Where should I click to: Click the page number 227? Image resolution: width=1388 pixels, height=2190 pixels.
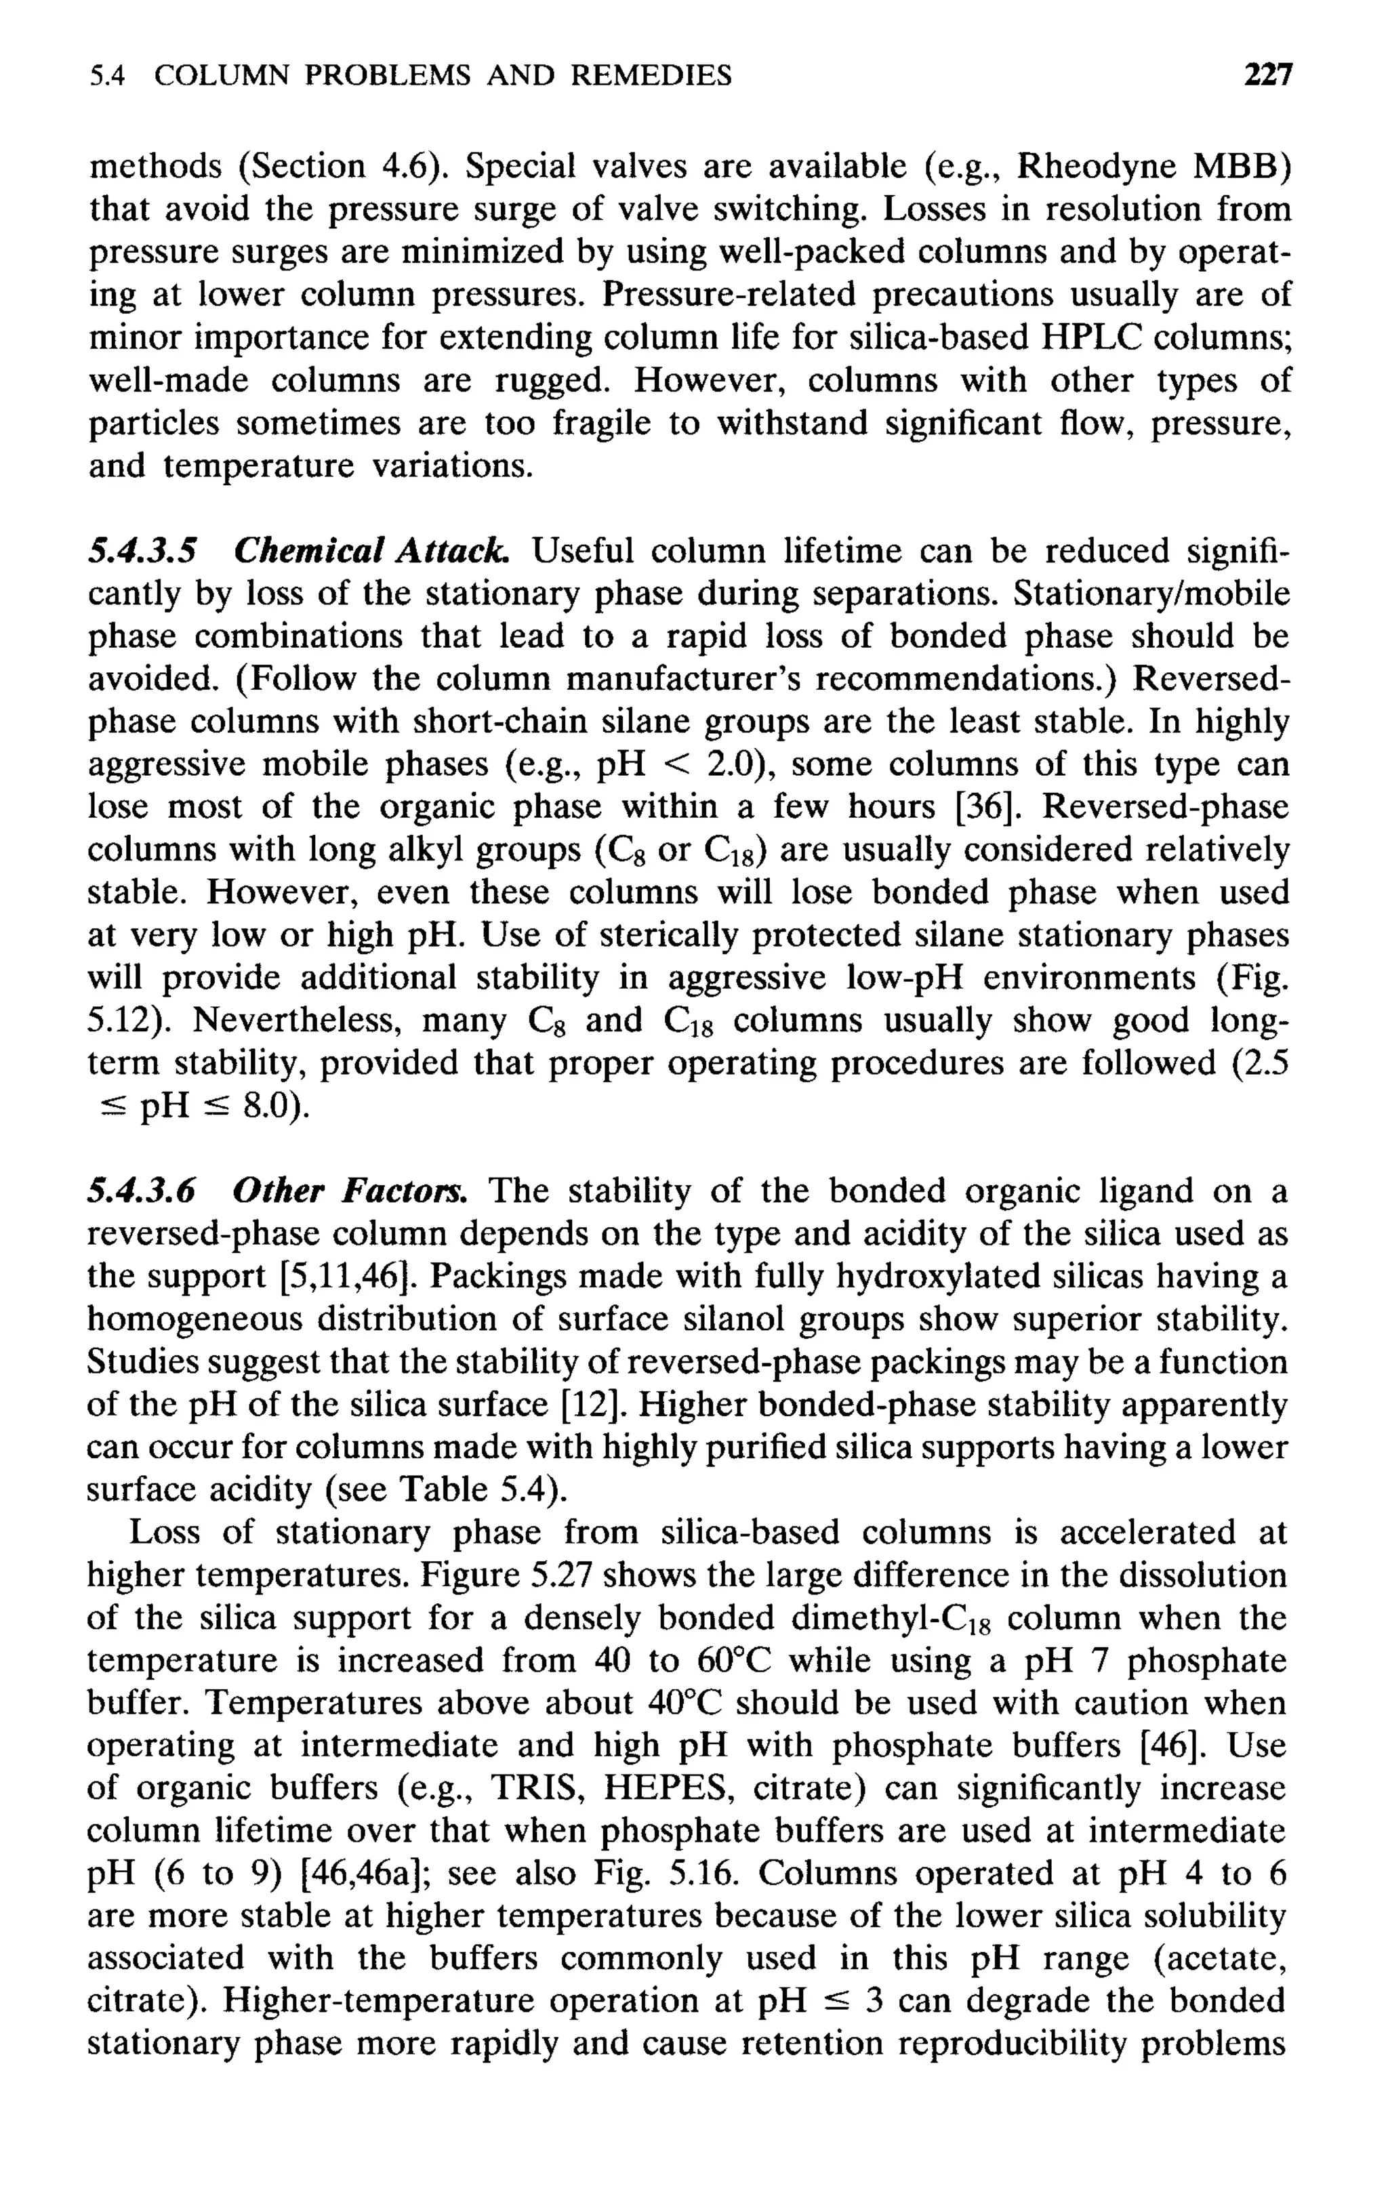click(x=1268, y=75)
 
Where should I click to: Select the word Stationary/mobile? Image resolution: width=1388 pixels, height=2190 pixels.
click(x=1151, y=594)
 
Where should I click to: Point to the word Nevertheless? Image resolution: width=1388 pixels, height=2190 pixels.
click(x=297, y=1020)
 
